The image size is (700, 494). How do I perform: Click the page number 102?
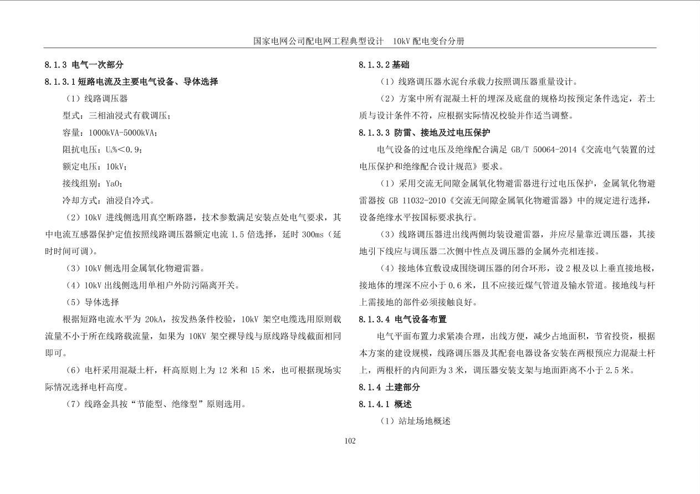click(x=350, y=441)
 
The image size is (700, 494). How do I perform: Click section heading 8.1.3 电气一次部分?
click(x=84, y=65)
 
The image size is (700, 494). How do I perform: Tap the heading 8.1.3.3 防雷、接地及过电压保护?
click(x=424, y=133)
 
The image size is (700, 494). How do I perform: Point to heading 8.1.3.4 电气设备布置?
click(x=402, y=319)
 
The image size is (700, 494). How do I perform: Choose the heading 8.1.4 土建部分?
click(x=389, y=387)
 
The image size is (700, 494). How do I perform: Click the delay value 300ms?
click(x=312, y=234)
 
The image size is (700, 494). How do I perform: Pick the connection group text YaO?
click(x=114, y=184)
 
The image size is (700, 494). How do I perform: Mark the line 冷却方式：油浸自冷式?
click(x=109, y=200)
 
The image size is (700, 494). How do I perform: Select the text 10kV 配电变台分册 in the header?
click(x=428, y=42)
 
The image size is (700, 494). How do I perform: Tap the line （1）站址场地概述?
click(x=415, y=421)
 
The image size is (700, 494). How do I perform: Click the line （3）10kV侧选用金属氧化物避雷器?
click(x=136, y=269)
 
